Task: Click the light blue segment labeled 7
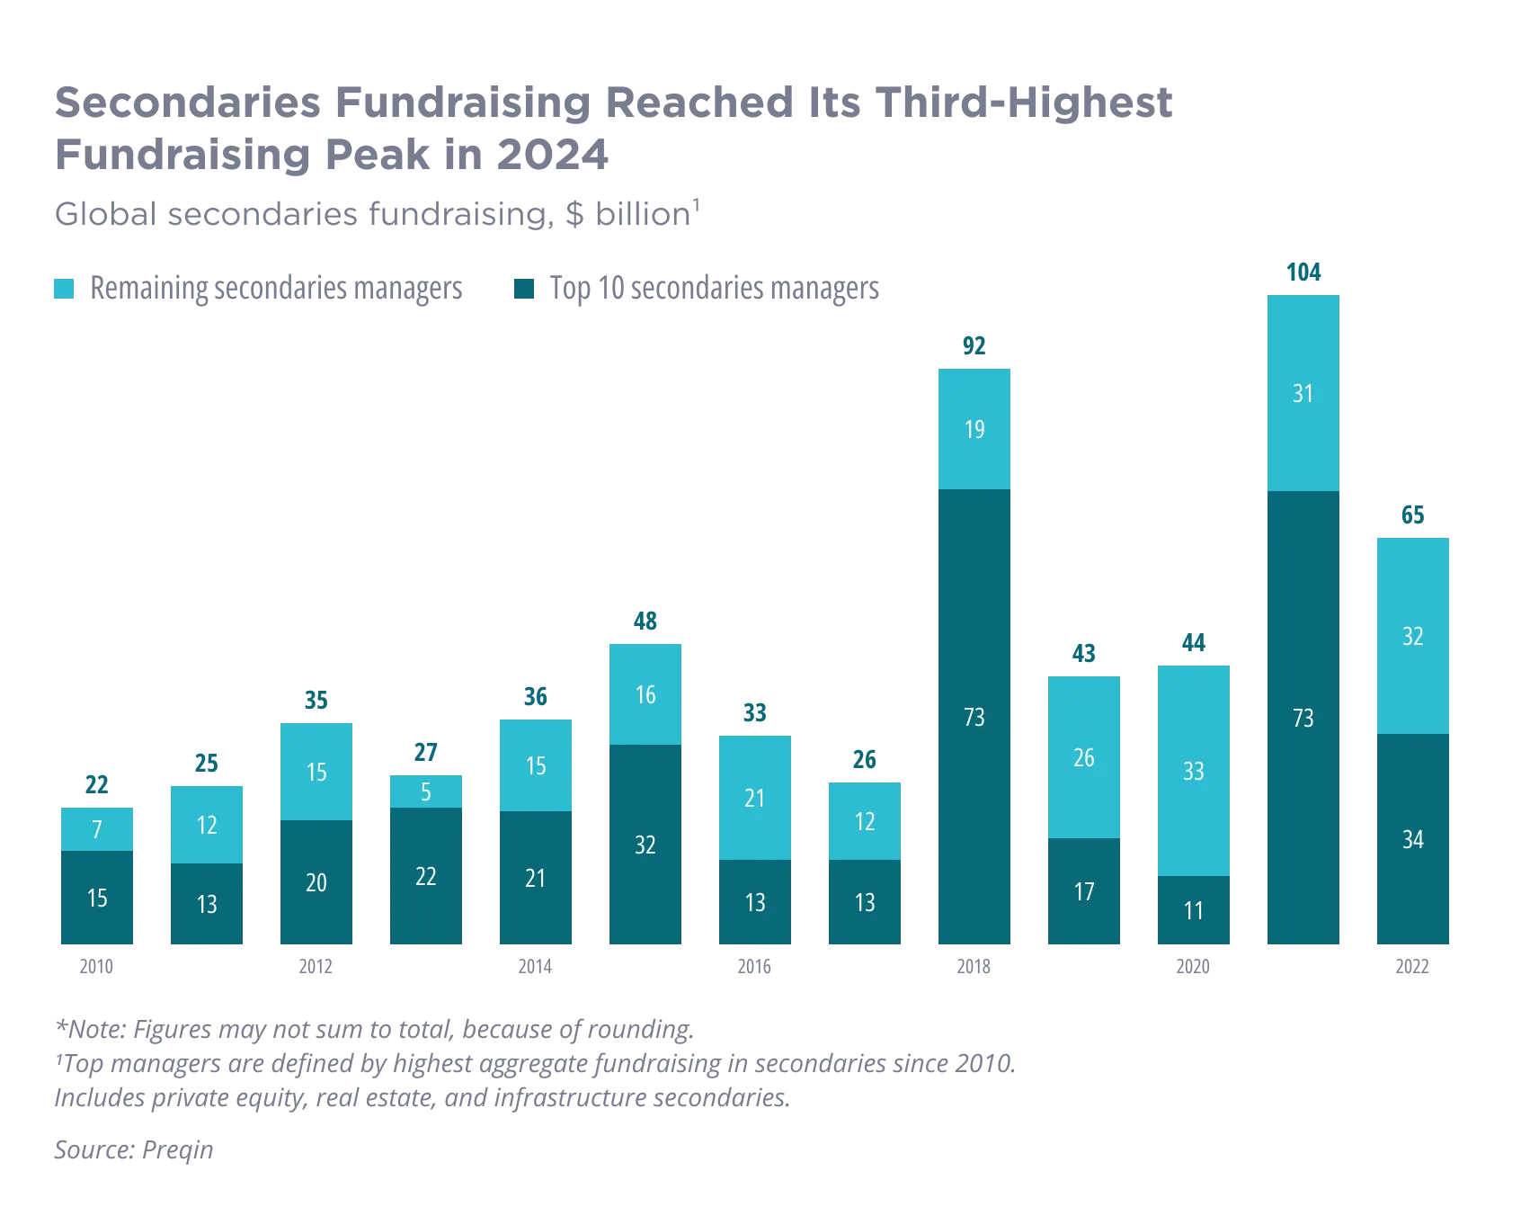(97, 828)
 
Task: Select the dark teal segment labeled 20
(316, 883)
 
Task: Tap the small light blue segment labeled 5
(427, 791)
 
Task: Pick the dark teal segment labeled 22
(427, 877)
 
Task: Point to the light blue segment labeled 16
(645, 693)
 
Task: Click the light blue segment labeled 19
(974, 429)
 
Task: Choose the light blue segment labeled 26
(1083, 757)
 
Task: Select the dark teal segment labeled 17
(1083, 892)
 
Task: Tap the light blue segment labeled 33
(1193, 771)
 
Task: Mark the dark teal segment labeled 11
(1193, 911)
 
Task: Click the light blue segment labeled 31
(1303, 393)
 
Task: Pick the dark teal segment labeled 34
(1412, 840)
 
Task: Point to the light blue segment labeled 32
(1412, 636)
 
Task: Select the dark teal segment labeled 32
(645, 845)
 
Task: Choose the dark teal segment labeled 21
(536, 879)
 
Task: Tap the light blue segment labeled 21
(755, 798)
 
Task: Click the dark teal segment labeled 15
(97, 899)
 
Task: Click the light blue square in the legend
(65, 289)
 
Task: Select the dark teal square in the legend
(524, 289)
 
